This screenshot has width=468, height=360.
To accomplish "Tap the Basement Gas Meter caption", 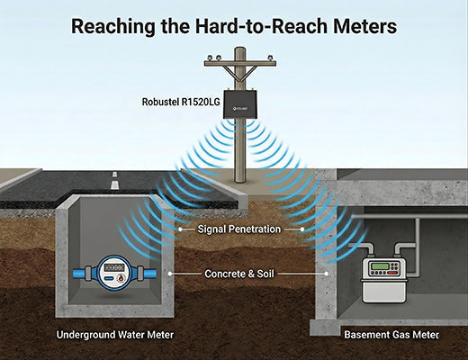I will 391,335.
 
